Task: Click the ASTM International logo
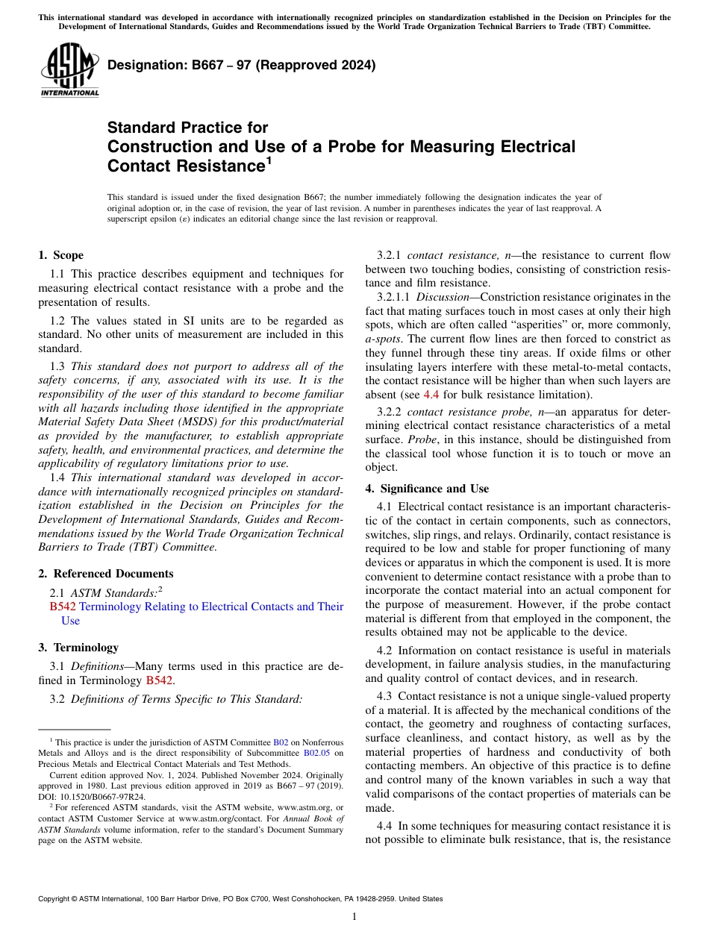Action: click(69, 69)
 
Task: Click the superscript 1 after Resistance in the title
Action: click(269, 160)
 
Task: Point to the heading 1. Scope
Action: click(61, 255)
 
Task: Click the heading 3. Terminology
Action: click(78, 648)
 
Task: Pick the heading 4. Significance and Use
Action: click(427, 489)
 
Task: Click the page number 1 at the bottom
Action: click(354, 917)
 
